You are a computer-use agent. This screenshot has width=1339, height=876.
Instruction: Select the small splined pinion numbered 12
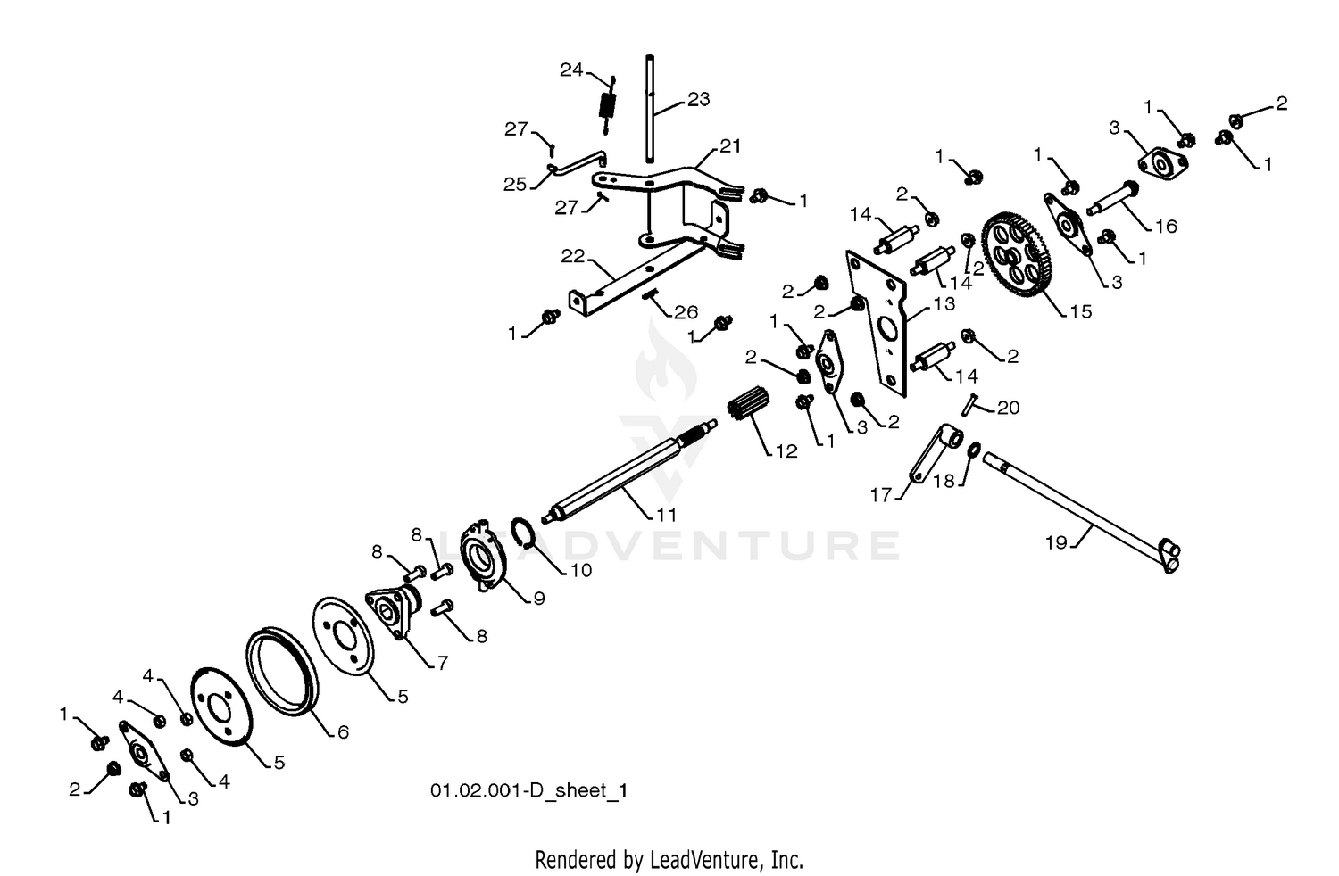click(x=749, y=402)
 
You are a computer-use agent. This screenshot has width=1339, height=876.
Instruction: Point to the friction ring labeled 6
click(x=281, y=671)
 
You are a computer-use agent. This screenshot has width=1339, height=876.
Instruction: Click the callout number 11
click(x=667, y=514)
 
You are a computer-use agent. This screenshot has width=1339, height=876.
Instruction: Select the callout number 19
click(x=1056, y=542)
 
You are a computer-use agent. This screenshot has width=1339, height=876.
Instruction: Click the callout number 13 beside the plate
click(x=944, y=304)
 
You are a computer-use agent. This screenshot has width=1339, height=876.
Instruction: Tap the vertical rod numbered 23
click(x=650, y=108)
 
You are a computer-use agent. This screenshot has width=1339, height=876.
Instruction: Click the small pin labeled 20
click(x=969, y=404)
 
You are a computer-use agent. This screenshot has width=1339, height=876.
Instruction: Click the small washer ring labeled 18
click(x=974, y=450)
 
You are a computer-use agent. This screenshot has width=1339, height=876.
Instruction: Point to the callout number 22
click(x=573, y=256)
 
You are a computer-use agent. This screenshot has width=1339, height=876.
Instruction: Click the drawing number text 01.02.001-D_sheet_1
click(x=529, y=790)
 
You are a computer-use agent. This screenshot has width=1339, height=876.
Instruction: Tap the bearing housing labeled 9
click(x=483, y=558)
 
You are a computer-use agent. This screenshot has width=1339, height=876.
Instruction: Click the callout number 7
click(x=443, y=663)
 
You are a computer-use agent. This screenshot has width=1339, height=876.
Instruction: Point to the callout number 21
click(x=730, y=145)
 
